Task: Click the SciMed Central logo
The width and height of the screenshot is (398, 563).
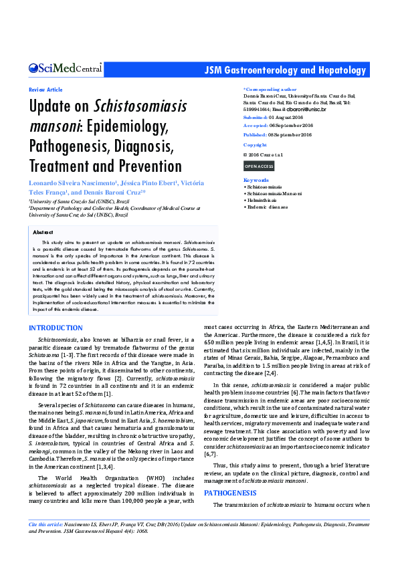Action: tap(65, 68)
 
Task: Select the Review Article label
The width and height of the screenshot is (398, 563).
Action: tap(45, 90)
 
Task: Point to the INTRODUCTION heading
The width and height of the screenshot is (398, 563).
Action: tap(56, 328)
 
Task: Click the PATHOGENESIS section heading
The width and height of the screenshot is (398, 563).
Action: tap(230, 492)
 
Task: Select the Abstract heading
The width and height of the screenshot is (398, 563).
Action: tap(43, 232)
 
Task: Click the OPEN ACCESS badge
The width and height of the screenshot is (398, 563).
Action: tap(259, 166)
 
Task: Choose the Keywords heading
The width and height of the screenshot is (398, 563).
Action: tap(256, 181)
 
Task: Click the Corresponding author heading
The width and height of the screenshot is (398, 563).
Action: tap(270, 89)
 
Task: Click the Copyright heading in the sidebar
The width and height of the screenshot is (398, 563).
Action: tap(255, 145)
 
